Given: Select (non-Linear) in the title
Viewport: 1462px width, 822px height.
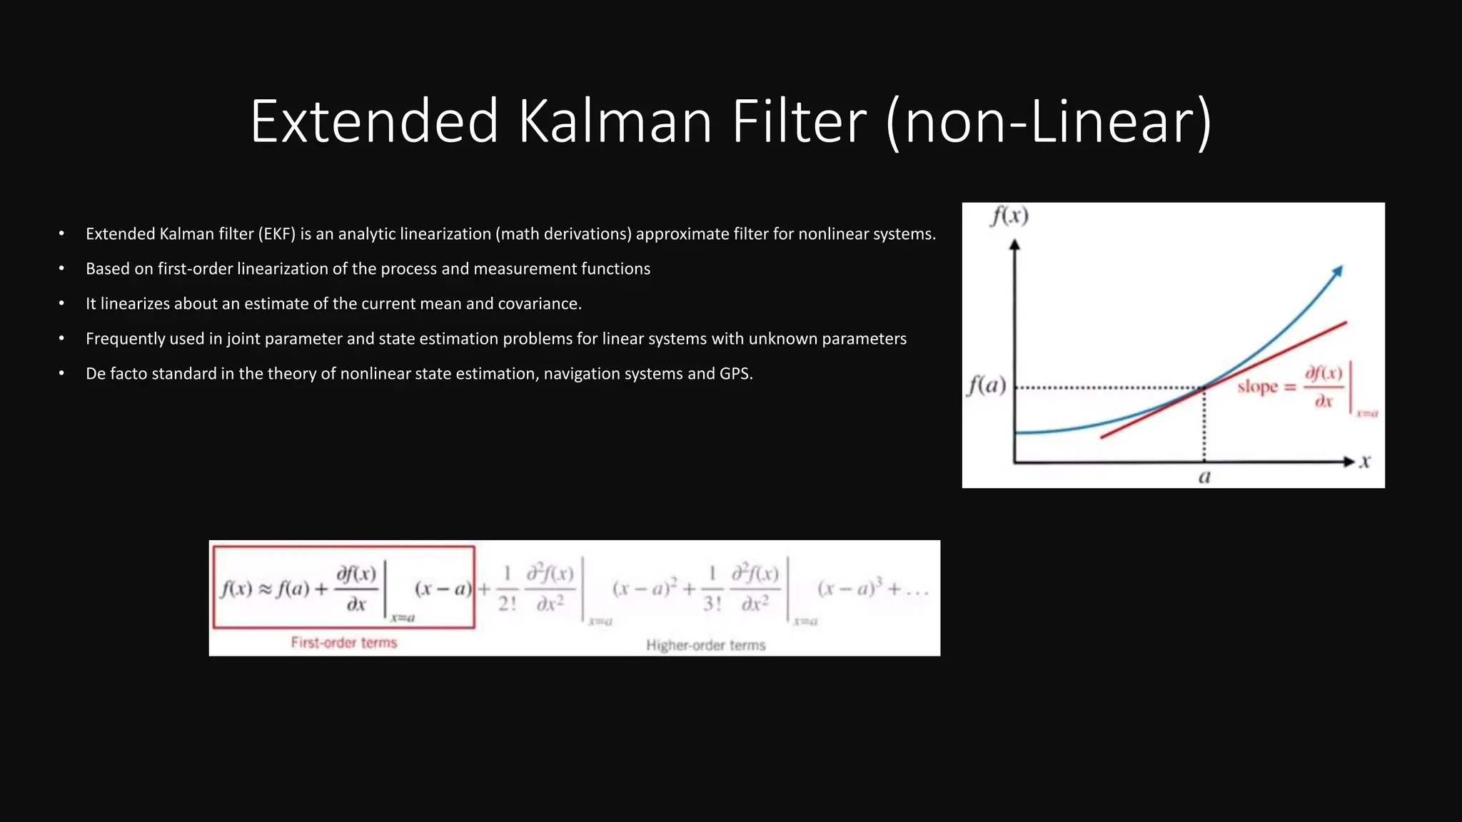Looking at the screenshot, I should tap(1049, 123).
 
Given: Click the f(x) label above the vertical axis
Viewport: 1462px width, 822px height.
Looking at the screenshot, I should tap(1009, 215).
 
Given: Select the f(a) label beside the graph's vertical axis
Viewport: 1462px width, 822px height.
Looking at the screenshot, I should tap(987, 386).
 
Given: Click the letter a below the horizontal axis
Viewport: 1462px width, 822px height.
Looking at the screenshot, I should tap(1204, 477).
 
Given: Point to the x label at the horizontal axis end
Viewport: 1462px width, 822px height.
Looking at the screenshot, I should tap(1365, 462).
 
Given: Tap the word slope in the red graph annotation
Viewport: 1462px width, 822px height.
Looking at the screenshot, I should tap(1257, 387).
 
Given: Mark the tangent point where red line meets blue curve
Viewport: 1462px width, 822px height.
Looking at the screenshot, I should tap(1204, 387).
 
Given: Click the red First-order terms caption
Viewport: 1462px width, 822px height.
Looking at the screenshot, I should tap(343, 642).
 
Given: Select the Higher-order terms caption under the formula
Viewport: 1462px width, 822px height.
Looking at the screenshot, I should tap(705, 645).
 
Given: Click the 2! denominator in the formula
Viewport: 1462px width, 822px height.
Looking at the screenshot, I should tap(507, 604).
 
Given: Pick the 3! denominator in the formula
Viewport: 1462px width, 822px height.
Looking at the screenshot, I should tap(712, 604).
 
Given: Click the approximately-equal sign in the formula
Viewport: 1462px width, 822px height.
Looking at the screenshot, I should tap(265, 589).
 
